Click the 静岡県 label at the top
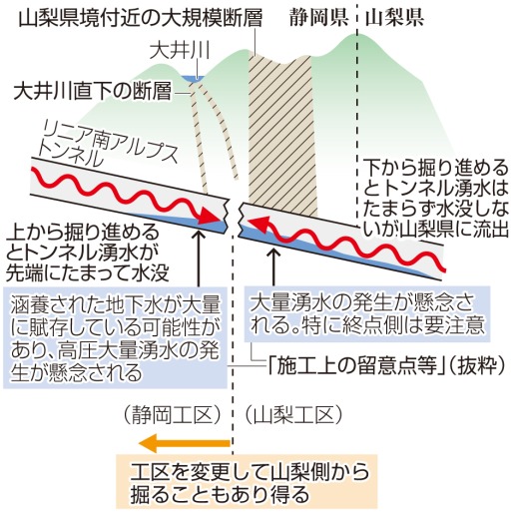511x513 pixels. tap(318, 17)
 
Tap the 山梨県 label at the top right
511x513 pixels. tap(394, 17)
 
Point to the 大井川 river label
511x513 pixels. tap(180, 51)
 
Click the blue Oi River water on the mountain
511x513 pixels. tap(193, 79)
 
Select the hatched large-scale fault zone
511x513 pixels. tap(280, 133)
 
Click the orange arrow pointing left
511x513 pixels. tap(184, 443)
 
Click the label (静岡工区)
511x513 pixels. tap(172, 414)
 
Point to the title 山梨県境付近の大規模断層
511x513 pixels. tap(141, 17)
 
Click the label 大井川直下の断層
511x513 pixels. tap(93, 91)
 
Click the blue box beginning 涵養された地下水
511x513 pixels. tap(115, 337)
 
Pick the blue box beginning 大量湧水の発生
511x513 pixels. tap(367, 314)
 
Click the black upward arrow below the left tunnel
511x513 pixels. tap(199, 258)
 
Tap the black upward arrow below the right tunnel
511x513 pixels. tap(274, 266)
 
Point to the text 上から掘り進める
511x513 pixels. tap(83, 233)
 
